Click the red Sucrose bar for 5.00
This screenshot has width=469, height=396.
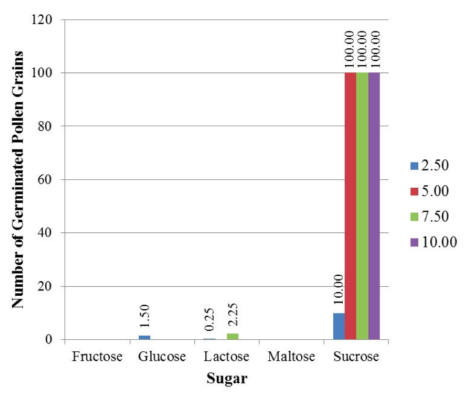(350, 205)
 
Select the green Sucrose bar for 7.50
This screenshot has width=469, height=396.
(362, 205)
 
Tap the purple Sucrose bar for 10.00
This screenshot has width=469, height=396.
(374, 205)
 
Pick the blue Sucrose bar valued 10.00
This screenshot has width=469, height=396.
(339, 326)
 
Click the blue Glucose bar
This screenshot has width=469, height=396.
(144, 337)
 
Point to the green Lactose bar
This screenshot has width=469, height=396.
(232, 336)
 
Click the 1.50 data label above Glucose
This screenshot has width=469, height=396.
(144, 317)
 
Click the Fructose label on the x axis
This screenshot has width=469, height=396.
(97, 356)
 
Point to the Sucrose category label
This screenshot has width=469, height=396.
(356, 356)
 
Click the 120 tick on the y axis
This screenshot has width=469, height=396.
(42, 19)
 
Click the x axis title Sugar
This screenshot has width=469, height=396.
(226, 379)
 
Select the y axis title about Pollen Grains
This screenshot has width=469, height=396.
(18, 179)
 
